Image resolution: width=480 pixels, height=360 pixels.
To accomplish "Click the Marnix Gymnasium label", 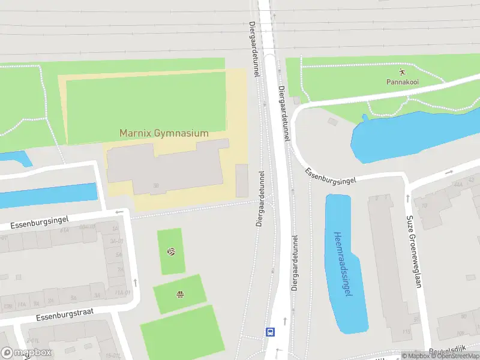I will tap(164, 133).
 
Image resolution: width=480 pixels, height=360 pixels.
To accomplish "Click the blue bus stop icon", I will tap(271, 331).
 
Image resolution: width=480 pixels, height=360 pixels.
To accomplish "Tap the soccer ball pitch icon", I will tap(171, 252).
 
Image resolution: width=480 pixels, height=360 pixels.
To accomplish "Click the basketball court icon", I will tap(179, 294).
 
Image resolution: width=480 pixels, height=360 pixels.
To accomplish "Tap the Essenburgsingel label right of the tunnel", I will tap(331, 175).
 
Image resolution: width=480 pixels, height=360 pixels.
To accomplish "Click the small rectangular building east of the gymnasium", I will tap(242, 181).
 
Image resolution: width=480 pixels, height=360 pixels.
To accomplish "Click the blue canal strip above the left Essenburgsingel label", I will tap(48, 195).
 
